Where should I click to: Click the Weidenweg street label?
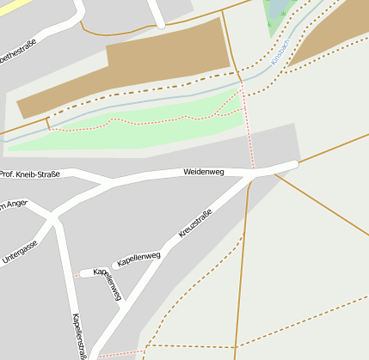point(203,173)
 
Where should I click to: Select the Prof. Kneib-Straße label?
point(30,174)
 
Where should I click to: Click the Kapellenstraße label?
point(81,336)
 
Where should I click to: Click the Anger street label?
point(15,204)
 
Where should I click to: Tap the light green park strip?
point(129,129)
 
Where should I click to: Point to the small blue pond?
point(282,10)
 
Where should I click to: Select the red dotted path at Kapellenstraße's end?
point(120,353)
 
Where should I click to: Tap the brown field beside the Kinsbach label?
point(331,34)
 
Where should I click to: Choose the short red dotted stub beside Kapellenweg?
point(76,276)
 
